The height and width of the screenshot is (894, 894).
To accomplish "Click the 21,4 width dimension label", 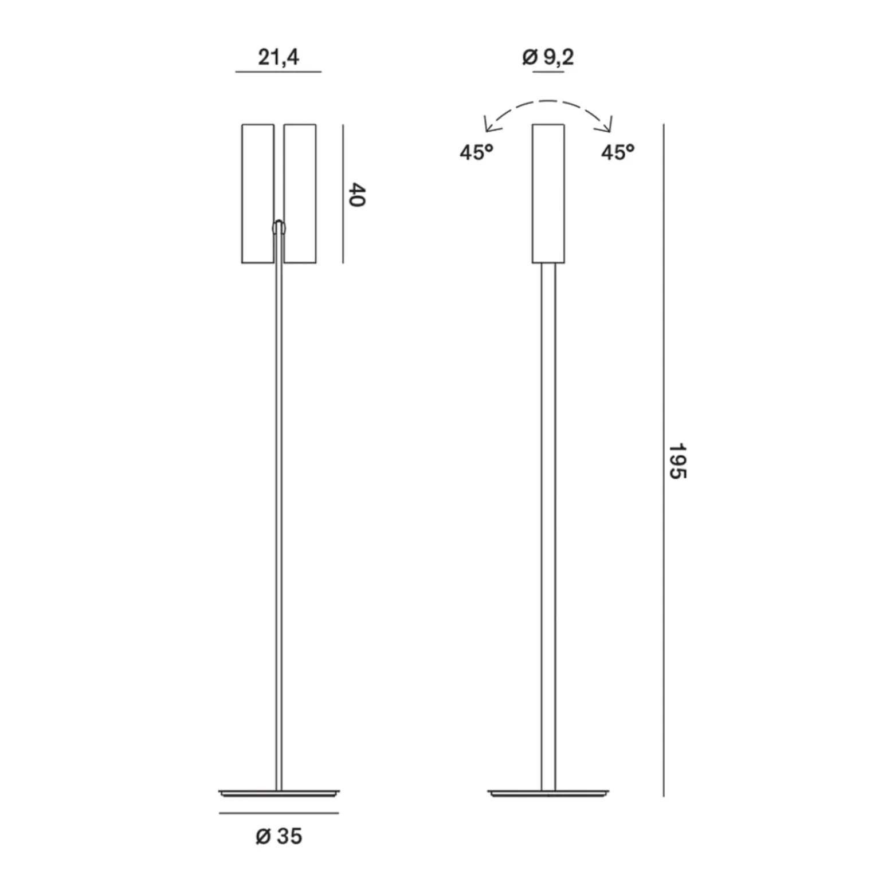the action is pyautogui.click(x=279, y=57).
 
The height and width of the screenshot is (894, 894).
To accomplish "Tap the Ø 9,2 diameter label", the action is pyautogui.click(x=548, y=57).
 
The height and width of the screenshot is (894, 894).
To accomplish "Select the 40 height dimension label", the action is pyautogui.click(x=357, y=195).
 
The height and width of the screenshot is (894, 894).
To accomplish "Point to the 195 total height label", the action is pyautogui.click(x=678, y=460).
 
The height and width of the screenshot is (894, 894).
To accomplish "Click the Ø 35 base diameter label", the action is pyautogui.click(x=279, y=836).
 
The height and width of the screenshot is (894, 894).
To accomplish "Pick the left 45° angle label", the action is pyautogui.click(x=476, y=152).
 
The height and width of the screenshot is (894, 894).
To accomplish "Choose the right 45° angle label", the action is pyautogui.click(x=618, y=152).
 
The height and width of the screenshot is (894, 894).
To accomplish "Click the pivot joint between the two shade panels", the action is pyautogui.click(x=279, y=227).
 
